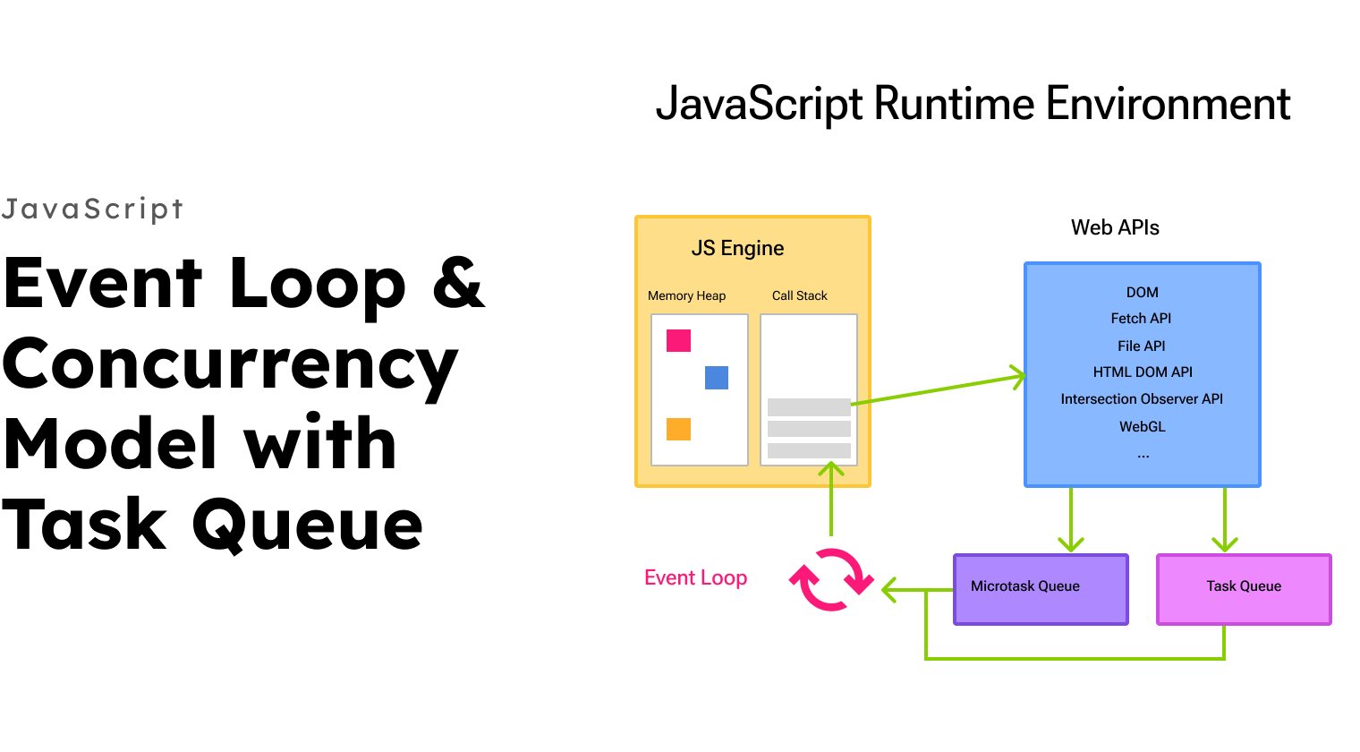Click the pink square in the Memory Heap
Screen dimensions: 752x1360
[678, 340]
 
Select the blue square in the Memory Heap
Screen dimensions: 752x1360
[717, 378]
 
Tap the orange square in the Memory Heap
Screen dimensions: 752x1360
[678, 429]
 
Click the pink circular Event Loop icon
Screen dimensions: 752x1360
[830, 580]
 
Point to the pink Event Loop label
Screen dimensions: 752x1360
[695, 578]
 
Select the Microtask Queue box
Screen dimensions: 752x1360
[1041, 589]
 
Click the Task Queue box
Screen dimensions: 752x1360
[1244, 589]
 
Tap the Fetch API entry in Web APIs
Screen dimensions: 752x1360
[1141, 319]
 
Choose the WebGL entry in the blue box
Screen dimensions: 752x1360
[1142, 427]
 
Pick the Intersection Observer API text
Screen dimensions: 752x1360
[1142, 399]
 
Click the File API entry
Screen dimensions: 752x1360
[1141, 346]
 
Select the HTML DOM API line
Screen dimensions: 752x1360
[1143, 372]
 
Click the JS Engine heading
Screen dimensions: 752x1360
[737, 249]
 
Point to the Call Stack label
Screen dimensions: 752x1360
[799, 296]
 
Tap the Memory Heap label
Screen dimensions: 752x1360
[686, 296]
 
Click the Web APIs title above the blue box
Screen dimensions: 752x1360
[1115, 228]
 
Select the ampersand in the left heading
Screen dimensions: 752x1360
[458, 283]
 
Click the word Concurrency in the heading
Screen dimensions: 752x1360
[230, 365]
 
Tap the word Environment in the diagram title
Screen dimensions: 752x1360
[1168, 104]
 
